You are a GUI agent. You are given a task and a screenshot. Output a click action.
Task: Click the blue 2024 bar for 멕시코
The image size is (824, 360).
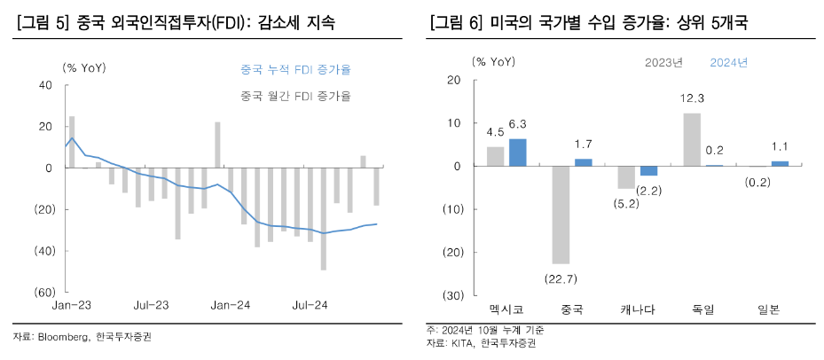(518, 153)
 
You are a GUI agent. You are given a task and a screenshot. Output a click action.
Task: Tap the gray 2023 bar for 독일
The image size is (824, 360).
(692, 140)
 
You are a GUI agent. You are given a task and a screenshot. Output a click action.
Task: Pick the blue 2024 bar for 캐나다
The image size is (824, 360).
(649, 171)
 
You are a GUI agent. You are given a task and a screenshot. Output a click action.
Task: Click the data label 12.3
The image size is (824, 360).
(692, 98)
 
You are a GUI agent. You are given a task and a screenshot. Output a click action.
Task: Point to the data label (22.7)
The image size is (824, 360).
(561, 278)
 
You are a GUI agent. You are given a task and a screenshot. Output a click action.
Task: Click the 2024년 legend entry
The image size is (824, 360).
(728, 62)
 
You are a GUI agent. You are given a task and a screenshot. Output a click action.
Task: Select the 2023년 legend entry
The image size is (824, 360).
(663, 62)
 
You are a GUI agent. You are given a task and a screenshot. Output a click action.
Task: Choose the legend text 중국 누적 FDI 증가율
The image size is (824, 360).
(295, 69)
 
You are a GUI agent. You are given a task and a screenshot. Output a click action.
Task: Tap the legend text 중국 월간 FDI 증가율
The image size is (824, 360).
(295, 95)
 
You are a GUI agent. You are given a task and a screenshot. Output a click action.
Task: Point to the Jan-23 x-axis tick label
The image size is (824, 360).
(69, 305)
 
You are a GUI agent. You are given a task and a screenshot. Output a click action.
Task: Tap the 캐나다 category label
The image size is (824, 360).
(638, 309)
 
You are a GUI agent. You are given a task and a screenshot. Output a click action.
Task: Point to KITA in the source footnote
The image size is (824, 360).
(462, 342)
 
